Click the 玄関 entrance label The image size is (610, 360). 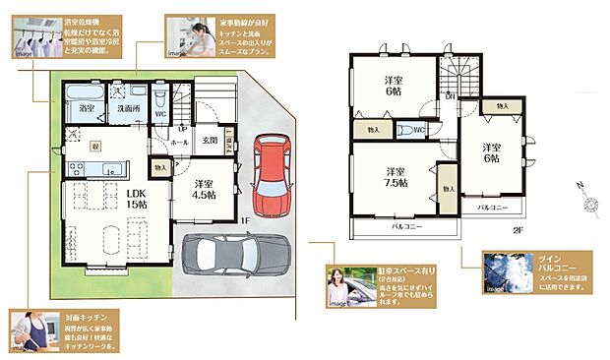tap(210, 141)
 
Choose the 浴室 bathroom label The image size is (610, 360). tap(88, 107)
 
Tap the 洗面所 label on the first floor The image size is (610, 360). tap(123, 108)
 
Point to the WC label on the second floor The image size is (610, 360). tap(418, 130)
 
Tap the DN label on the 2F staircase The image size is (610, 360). tap(449, 96)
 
